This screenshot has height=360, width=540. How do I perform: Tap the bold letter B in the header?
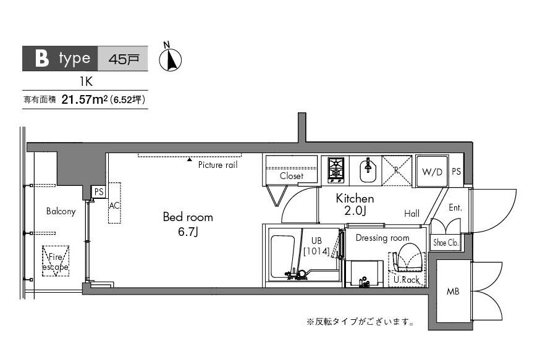point(41,59)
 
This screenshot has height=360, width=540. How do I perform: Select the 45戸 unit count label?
point(122,59)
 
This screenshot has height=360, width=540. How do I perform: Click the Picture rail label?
point(217,165)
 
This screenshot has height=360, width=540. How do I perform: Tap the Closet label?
point(291,176)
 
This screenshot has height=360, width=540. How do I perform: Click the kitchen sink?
point(369,170)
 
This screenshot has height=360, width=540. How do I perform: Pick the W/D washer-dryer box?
point(432,172)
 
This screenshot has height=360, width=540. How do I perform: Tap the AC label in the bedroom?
point(114,205)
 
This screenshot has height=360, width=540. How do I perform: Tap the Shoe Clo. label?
point(445,243)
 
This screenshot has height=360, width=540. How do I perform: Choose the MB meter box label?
point(454,291)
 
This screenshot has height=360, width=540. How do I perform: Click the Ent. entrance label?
point(455,208)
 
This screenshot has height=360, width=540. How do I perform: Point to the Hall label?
point(411,214)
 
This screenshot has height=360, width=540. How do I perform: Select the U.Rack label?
point(406,279)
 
